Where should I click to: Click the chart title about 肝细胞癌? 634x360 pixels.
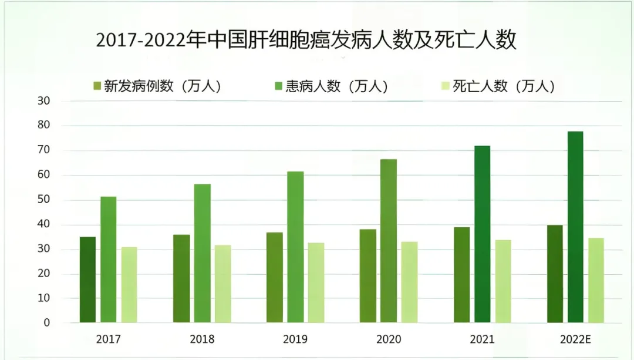click(306, 41)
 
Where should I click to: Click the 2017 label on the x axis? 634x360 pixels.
click(109, 339)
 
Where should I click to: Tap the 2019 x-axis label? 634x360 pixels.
click(295, 339)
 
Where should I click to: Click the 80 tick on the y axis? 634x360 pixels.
click(44, 126)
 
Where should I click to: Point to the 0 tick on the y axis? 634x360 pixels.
click(47, 323)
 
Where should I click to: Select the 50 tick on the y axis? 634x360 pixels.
click(44, 200)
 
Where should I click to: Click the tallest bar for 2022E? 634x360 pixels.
click(575, 227)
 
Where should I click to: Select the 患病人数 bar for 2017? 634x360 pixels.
click(109, 260)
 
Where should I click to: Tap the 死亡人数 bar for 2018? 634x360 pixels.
click(222, 284)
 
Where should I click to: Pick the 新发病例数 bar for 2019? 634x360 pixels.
click(275, 277)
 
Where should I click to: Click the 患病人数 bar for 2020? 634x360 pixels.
click(389, 241)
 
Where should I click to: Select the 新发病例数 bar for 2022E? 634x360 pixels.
click(555, 274)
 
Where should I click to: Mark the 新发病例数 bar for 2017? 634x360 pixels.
click(88, 280)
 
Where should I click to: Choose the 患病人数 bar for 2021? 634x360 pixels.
click(483, 234)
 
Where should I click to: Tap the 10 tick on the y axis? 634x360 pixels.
click(44, 298)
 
